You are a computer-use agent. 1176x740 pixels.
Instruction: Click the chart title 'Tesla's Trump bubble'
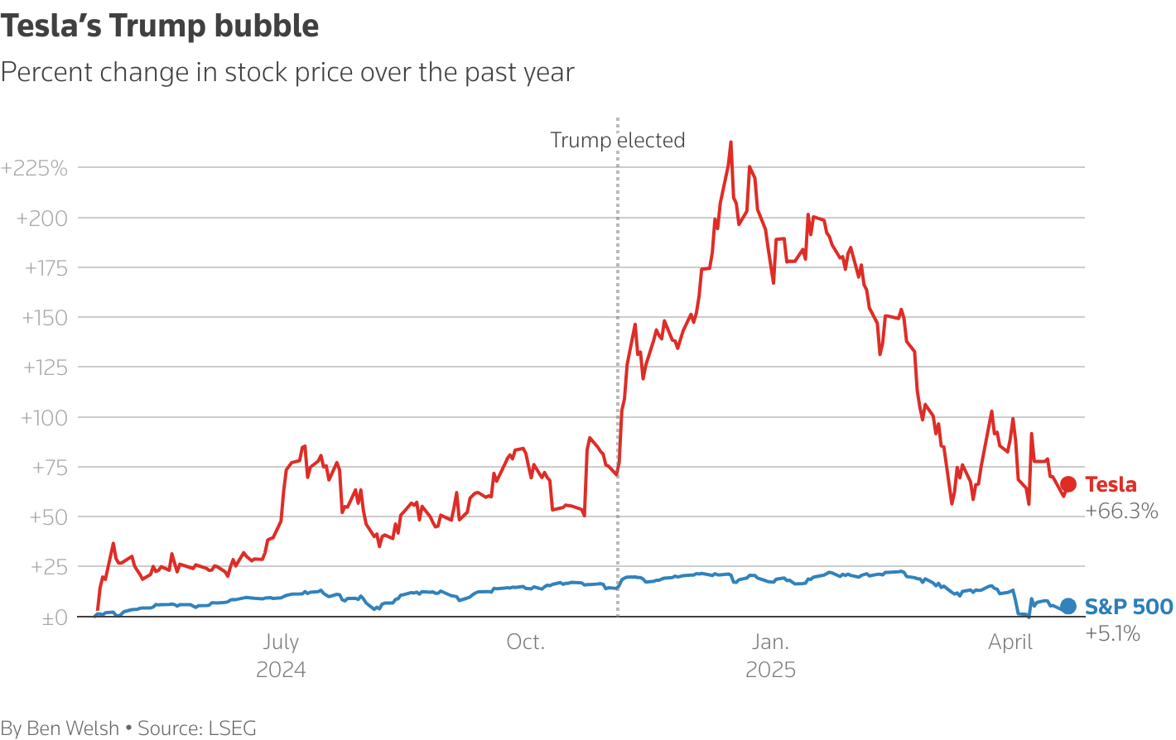coord(160,26)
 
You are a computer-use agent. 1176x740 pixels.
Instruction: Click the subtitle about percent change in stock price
coord(287,72)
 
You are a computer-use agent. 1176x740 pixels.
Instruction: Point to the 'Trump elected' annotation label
coord(618,140)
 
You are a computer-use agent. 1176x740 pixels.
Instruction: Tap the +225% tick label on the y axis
coord(35,169)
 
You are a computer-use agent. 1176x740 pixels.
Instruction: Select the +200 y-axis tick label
coord(41,219)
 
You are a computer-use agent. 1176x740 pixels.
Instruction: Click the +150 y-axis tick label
coord(45,318)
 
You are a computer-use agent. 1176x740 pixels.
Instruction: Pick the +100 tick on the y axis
coord(44,417)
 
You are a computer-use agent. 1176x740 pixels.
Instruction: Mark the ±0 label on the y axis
coord(55,617)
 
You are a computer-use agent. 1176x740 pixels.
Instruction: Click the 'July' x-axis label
coord(281,642)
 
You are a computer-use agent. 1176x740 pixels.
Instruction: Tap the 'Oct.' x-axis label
coord(526,642)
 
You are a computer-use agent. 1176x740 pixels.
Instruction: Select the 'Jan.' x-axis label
coord(770,642)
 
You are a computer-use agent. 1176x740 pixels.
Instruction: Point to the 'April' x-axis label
coord(1010,642)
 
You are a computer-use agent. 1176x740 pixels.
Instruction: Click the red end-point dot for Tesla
coord(1068,484)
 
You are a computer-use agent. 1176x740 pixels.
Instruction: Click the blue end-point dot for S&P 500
coord(1068,607)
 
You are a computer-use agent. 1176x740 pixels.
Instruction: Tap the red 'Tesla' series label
coord(1111,484)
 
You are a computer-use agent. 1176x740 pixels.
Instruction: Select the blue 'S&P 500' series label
coord(1129,607)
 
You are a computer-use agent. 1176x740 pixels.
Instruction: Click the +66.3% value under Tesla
coord(1121,511)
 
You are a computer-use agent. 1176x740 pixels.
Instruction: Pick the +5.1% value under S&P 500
coord(1112,634)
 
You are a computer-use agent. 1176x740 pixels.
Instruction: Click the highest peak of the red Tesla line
coord(730,142)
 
